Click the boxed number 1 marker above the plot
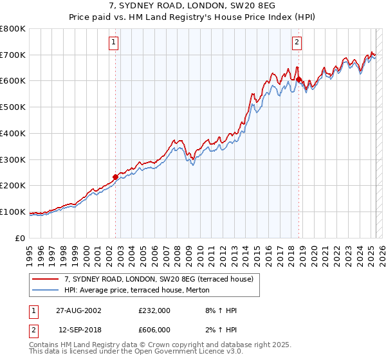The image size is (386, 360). point(113,43)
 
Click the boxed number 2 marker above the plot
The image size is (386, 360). point(297,43)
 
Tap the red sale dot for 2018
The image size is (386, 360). point(299,79)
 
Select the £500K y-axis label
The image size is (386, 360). point(13,107)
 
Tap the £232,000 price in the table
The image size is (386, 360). point(154,310)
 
